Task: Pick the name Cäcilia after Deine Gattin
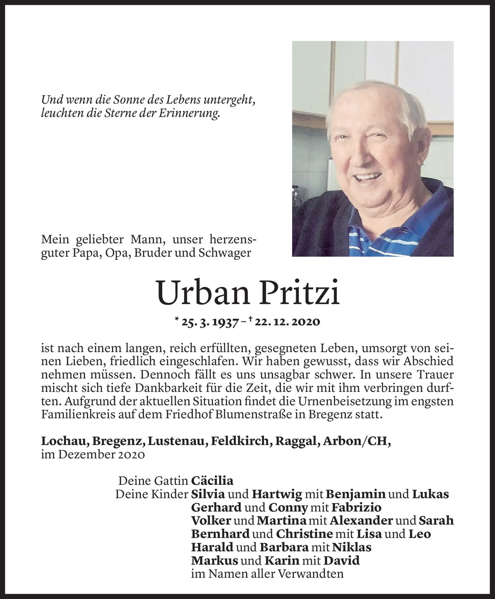coord(212,481)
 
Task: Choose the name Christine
coord(305,534)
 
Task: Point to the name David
coord(342,561)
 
